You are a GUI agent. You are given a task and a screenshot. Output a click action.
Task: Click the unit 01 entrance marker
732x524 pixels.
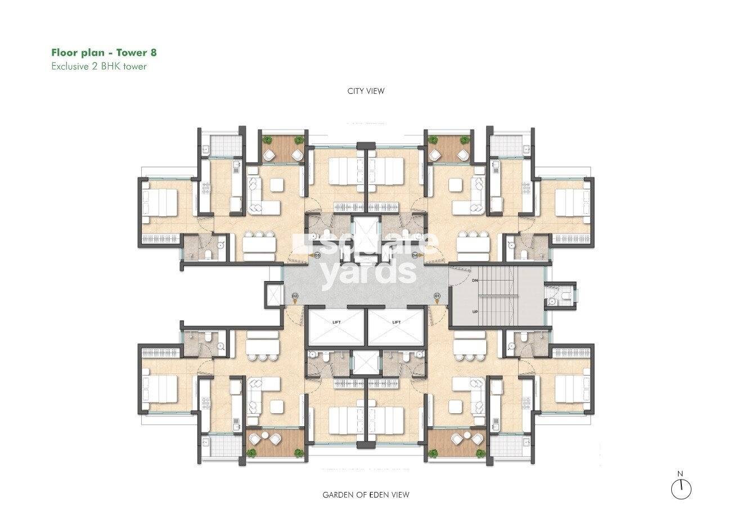pyautogui.click(x=437, y=296)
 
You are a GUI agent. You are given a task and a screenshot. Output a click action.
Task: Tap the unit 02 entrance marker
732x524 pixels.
pyautogui.click(x=294, y=296)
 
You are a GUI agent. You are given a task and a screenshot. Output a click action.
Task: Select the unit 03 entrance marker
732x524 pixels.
pyautogui.click(x=317, y=255)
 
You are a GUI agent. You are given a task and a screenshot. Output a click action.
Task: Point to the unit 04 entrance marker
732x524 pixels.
pyautogui.click(x=415, y=255)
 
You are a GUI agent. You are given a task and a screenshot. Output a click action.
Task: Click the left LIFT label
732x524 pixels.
pyautogui.click(x=336, y=322)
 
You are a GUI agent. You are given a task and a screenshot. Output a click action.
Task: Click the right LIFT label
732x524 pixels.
pyautogui.click(x=396, y=322)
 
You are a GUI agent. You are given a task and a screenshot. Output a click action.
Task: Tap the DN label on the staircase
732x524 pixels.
pyautogui.click(x=475, y=280)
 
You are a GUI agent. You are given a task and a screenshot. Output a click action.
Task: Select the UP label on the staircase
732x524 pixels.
pyautogui.click(x=475, y=311)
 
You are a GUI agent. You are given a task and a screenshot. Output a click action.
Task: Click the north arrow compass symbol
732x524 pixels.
pyautogui.click(x=681, y=489)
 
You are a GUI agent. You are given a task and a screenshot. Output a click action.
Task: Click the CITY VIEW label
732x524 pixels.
pyautogui.click(x=366, y=91)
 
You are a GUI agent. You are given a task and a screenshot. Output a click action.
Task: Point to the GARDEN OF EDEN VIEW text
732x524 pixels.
pyautogui.click(x=366, y=495)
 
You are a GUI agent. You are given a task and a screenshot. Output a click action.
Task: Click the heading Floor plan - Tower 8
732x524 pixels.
pyautogui.click(x=104, y=53)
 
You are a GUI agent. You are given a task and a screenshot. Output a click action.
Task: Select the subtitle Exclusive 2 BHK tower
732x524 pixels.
pyautogui.click(x=99, y=66)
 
